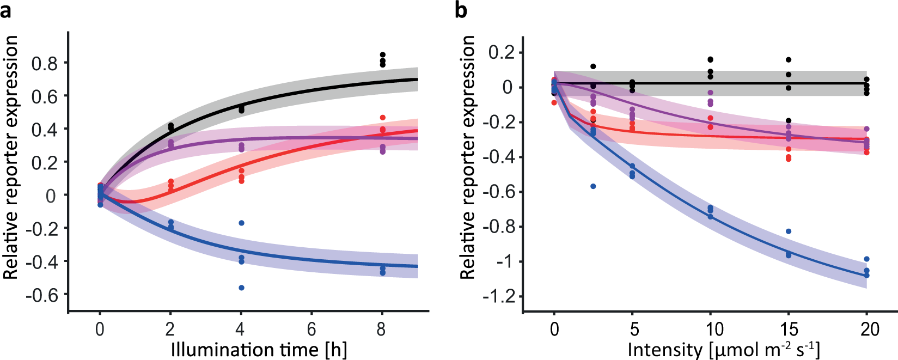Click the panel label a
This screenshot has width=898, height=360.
point(6,10)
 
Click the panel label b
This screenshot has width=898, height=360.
point(461,10)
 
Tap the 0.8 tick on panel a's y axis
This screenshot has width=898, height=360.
point(44,63)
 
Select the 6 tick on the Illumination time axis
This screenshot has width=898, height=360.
point(311,329)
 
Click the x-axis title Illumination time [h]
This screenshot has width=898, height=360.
point(259,349)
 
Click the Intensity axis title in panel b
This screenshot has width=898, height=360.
point(723,349)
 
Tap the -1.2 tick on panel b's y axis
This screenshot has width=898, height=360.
point(499,297)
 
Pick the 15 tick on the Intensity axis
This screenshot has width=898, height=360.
point(789,329)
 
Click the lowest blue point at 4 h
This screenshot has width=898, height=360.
point(241,288)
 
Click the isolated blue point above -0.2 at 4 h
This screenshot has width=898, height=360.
point(241,223)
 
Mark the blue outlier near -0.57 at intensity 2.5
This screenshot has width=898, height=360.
point(593,186)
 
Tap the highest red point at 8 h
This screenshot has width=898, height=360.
point(382,118)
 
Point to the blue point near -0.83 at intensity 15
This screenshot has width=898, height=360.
point(788,231)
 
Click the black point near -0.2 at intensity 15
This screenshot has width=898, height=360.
point(788,121)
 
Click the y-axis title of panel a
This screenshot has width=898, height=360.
point(11,158)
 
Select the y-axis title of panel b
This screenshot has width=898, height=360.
point(467,158)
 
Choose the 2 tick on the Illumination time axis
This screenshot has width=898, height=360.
point(170,329)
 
